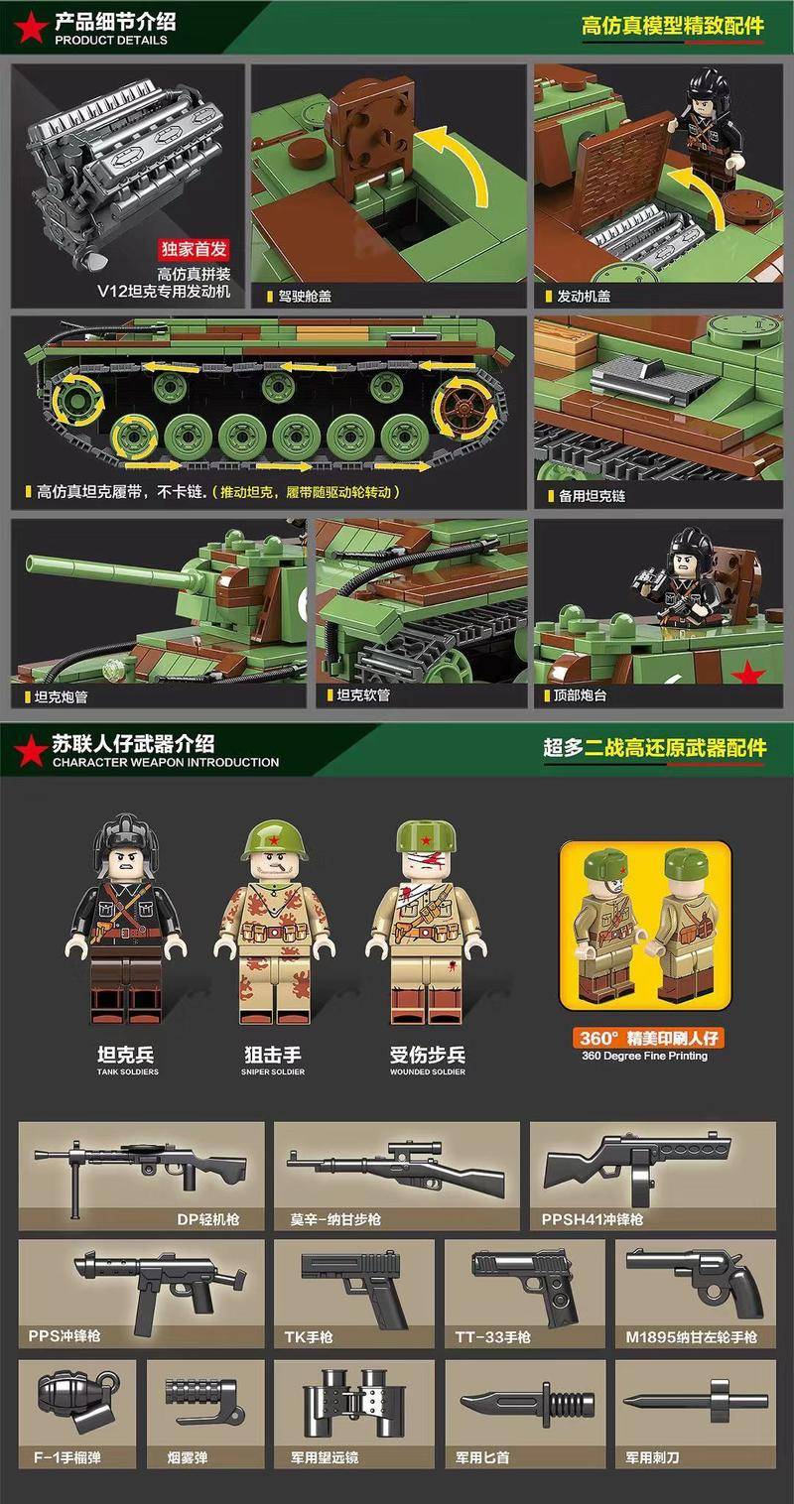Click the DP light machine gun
coord(140,1172)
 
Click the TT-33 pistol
coord(525,1287)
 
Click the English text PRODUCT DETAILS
coord(111,41)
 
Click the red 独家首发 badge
coord(195,250)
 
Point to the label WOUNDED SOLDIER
coord(428,1071)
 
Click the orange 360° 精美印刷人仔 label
coord(645,1038)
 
